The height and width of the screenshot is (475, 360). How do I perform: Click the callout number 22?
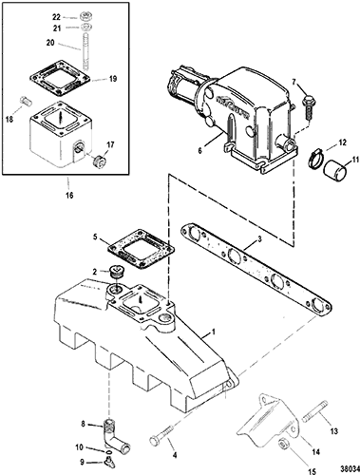pyautogui.click(x=56, y=17)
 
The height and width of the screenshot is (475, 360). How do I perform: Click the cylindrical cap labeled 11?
pyautogui.click(x=335, y=169)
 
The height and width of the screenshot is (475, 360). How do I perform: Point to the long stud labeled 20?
pyautogui.click(x=85, y=50)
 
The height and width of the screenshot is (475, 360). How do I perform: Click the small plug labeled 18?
pyautogui.click(x=25, y=101)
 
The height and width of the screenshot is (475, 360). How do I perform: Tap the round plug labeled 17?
pyautogui.click(x=98, y=161)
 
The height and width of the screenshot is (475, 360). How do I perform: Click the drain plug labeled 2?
pyautogui.click(x=115, y=273)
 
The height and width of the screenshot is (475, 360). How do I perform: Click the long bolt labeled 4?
pyautogui.click(x=161, y=433)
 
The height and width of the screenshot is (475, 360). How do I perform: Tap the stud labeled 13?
pyautogui.click(x=314, y=411)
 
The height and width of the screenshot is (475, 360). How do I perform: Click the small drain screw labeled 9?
pyautogui.click(x=108, y=464)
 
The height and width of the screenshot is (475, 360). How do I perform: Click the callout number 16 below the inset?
pyautogui.click(x=70, y=195)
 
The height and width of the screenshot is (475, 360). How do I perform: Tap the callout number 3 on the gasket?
pyautogui.click(x=259, y=239)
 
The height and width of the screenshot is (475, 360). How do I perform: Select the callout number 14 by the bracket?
pyautogui.click(x=315, y=452)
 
